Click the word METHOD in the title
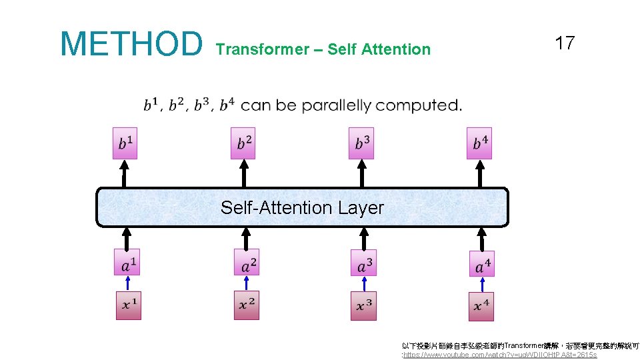point(131,43)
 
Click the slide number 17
point(564,43)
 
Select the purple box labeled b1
point(125,143)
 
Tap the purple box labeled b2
point(243,143)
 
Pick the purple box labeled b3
point(361,143)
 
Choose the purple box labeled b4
point(479,143)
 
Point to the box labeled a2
point(247,262)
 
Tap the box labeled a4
point(481,263)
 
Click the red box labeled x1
point(129,305)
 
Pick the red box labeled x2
point(247,305)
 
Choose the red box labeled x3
point(363,305)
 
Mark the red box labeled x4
point(481,306)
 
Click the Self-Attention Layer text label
point(302,208)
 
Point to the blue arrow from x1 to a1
point(128,283)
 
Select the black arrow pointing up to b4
point(479,173)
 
